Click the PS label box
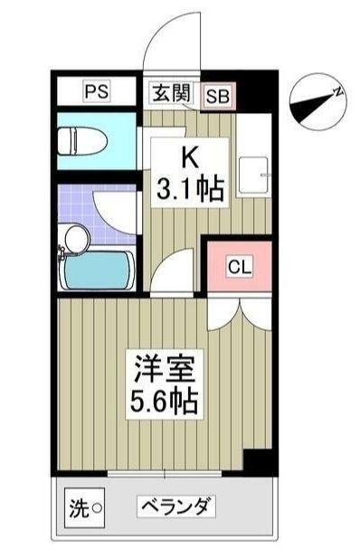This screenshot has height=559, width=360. click(96, 91)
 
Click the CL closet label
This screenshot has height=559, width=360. click(238, 266)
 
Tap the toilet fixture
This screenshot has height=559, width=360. click(83, 140)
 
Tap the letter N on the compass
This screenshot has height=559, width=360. click(336, 90)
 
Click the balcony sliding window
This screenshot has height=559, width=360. click(165, 474)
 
